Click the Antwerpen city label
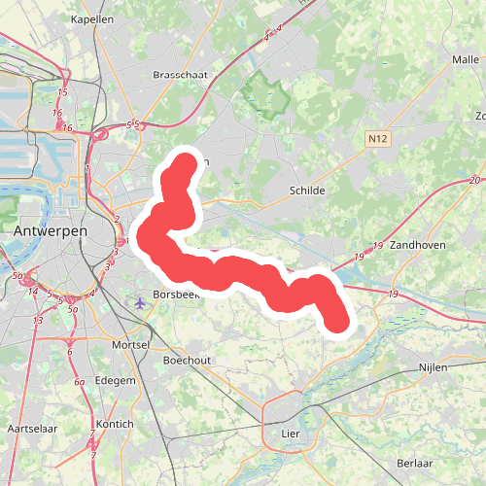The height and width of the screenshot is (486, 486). click(51, 232)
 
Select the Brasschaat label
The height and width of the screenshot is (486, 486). click(181, 74)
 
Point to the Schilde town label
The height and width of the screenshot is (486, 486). click(307, 191)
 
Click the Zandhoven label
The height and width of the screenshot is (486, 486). click(417, 246)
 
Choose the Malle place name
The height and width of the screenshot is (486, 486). click(466, 59)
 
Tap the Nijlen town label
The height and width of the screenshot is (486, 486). click(436, 367)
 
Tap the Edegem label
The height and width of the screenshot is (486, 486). click(116, 381)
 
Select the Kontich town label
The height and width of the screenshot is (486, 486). click(116, 424)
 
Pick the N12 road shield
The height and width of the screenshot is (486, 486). click(378, 141)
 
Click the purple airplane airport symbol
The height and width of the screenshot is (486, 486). click(142, 302)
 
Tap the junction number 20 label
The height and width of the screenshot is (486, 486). click(473, 181)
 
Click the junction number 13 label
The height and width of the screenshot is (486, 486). click(38, 320)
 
